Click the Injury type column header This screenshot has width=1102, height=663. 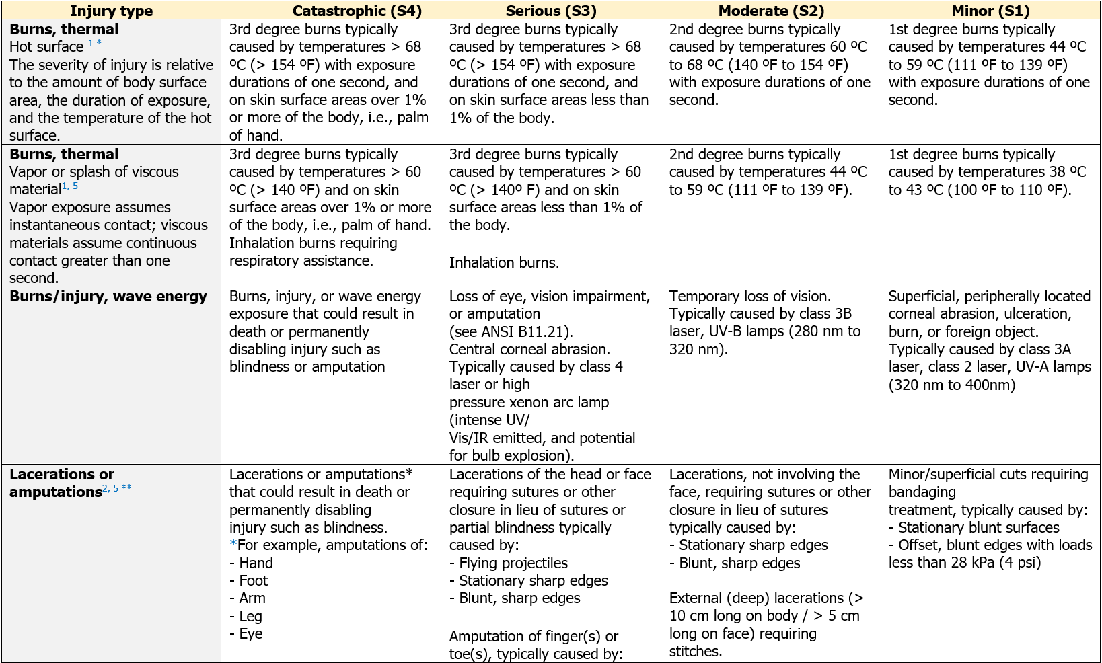(x=111, y=11)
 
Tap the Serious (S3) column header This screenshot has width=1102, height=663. (x=550, y=11)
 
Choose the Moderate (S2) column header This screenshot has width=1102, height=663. (x=771, y=11)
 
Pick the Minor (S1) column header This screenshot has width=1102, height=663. (x=990, y=11)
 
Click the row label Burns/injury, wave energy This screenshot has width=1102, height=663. (x=108, y=297)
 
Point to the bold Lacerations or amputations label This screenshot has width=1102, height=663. (x=62, y=483)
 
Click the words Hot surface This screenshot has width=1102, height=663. (x=46, y=47)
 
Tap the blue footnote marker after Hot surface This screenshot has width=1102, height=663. (x=95, y=43)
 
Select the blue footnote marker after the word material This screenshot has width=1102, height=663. (x=71, y=186)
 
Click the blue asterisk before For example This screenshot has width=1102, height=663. (x=233, y=544)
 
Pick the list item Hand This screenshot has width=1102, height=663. (x=256, y=563)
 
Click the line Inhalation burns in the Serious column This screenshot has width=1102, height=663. (x=504, y=262)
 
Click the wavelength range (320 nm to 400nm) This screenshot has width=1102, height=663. (x=952, y=385)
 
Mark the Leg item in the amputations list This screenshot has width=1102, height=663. (x=250, y=616)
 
